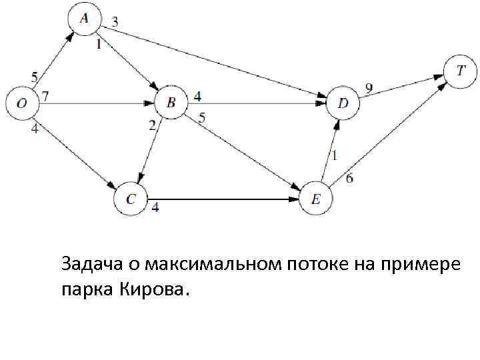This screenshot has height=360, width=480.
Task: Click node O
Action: tap(22, 103)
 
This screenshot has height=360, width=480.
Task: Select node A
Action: tap(83, 19)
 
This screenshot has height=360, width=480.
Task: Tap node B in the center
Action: tap(171, 103)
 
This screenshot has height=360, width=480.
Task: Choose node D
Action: tap(343, 103)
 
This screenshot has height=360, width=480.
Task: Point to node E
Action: tap(316, 199)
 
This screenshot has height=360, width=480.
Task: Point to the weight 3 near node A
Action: tap(115, 22)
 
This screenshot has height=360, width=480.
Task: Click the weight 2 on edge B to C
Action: tap(152, 125)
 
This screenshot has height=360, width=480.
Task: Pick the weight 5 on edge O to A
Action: tap(34, 76)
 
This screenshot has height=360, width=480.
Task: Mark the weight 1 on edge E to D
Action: tap(335, 155)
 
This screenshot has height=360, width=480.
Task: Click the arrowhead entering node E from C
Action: tap(295, 199)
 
